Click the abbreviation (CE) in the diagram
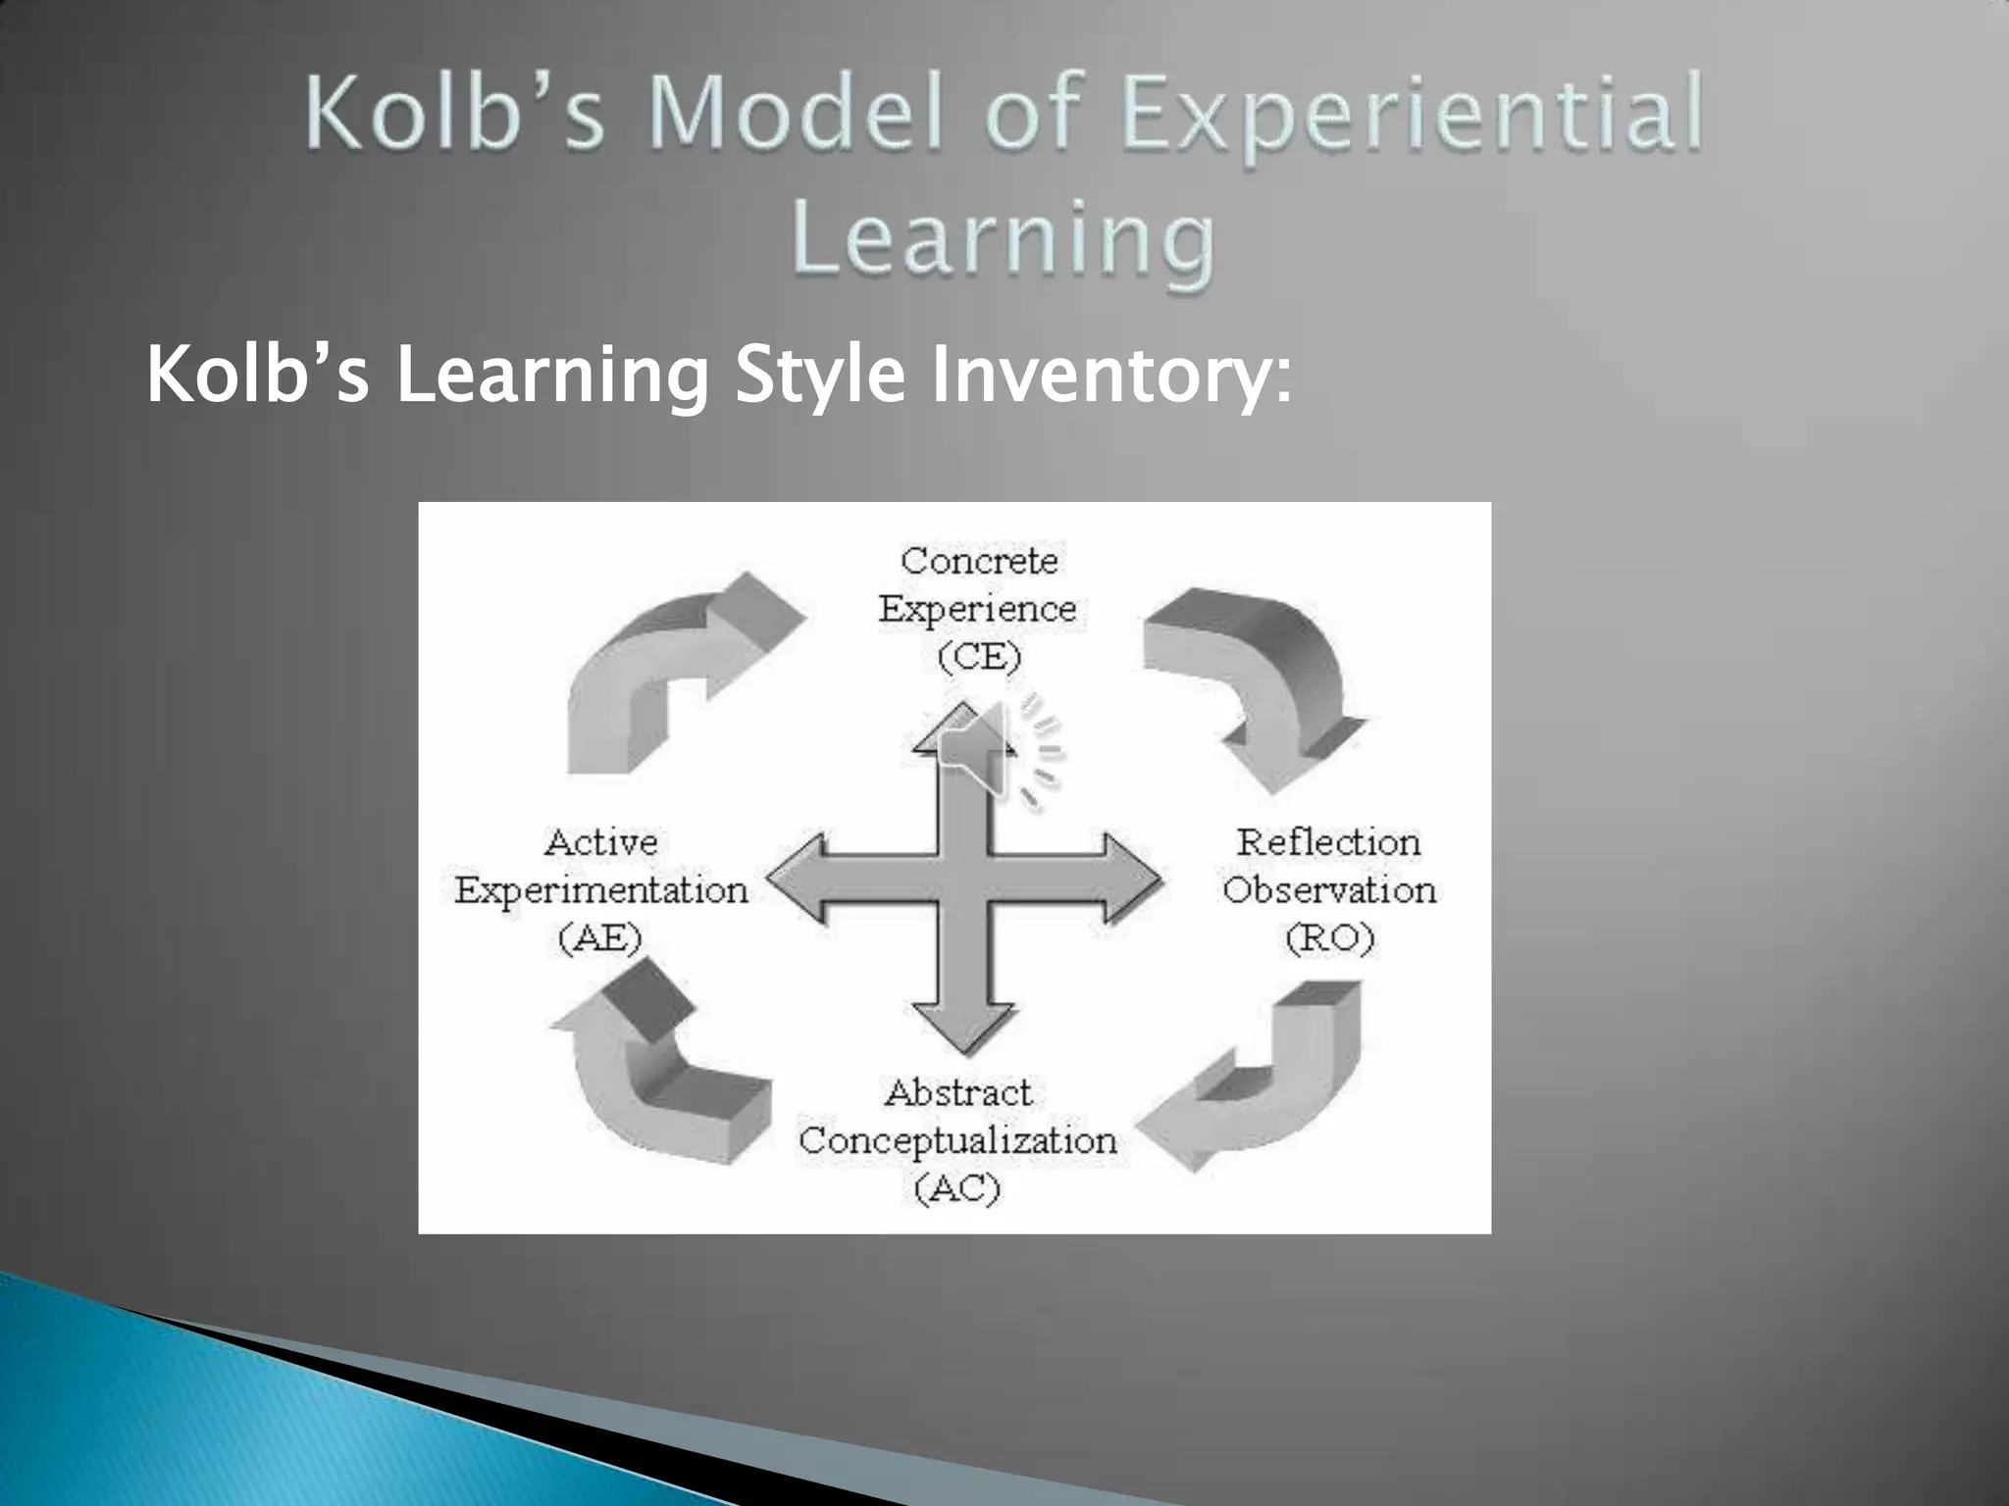[x=979, y=656]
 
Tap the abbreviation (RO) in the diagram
[x=1329, y=938]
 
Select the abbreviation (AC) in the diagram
[x=957, y=1188]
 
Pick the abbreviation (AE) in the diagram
[x=600, y=938]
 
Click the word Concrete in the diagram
[x=979, y=561]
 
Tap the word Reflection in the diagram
[x=1329, y=842]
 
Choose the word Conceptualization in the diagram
[x=957, y=1140]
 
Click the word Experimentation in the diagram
[x=600, y=890]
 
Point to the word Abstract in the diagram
[x=957, y=1092]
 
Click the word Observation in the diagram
[x=1329, y=890]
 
